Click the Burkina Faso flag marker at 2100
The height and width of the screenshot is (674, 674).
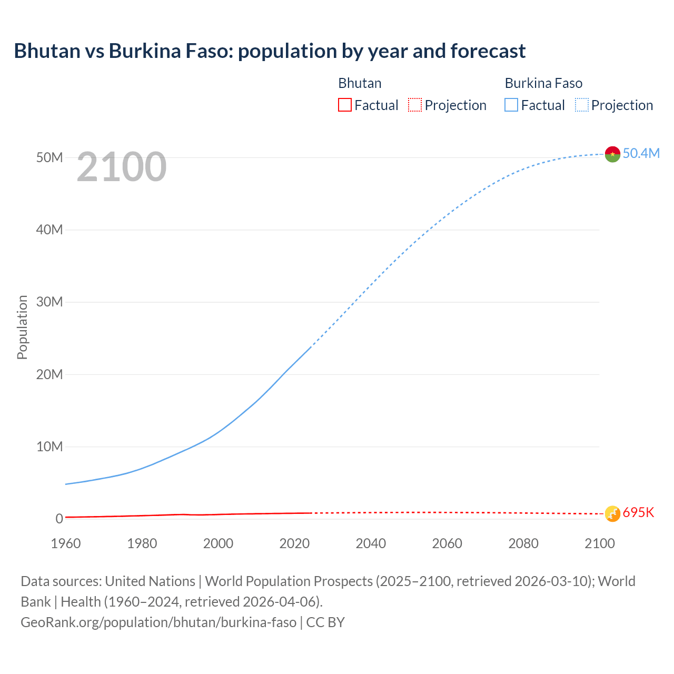pyautogui.click(x=612, y=154)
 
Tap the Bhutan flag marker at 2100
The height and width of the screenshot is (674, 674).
pyautogui.click(x=612, y=513)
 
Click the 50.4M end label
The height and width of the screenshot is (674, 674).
pyautogui.click(x=641, y=153)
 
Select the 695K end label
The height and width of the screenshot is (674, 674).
pyautogui.click(x=638, y=513)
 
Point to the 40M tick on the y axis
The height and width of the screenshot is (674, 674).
pyautogui.click(x=49, y=230)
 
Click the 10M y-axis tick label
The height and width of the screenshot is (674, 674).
pyautogui.click(x=49, y=447)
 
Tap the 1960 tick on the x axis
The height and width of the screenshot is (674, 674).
pyautogui.click(x=66, y=543)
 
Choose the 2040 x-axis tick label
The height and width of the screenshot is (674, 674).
pyautogui.click(x=371, y=543)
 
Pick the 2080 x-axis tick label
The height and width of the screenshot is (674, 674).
pyautogui.click(x=523, y=543)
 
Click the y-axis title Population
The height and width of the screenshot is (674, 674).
pyautogui.click(x=22, y=327)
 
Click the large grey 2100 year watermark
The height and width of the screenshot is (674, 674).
pyautogui.click(x=122, y=167)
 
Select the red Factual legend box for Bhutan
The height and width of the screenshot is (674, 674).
pyautogui.click(x=344, y=105)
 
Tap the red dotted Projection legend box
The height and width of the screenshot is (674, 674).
pyautogui.click(x=415, y=105)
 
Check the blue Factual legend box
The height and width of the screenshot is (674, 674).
pyautogui.click(x=511, y=105)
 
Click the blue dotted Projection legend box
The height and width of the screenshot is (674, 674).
pyautogui.click(x=582, y=105)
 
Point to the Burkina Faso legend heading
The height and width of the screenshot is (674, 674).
pyautogui.click(x=543, y=83)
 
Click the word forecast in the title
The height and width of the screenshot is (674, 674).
pyautogui.click(x=488, y=51)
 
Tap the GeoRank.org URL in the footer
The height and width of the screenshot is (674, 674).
pyautogui.click(x=158, y=622)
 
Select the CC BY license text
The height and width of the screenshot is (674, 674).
pyautogui.click(x=325, y=622)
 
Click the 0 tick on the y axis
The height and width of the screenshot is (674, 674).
pyautogui.click(x=60, y=519)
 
